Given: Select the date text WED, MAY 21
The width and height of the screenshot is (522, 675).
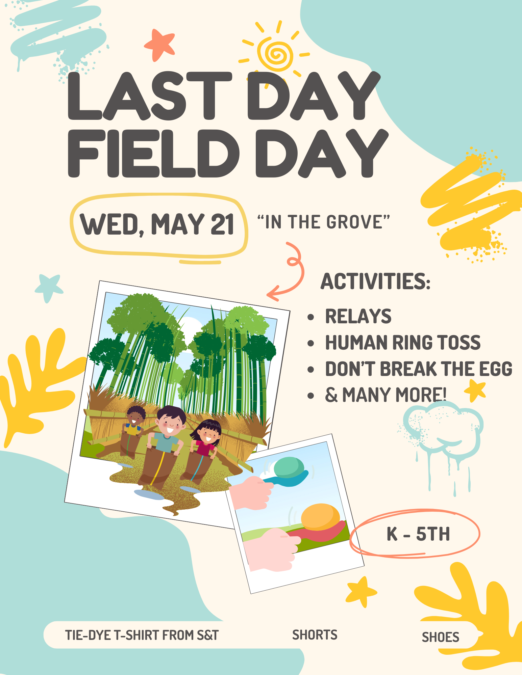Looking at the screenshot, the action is click(157, 224).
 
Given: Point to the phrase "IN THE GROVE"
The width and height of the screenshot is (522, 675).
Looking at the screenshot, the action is click(323, 222).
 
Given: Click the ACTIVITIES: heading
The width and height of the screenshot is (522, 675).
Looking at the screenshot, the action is click(375, 281).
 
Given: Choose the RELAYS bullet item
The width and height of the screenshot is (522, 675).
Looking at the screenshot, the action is click(358, 316).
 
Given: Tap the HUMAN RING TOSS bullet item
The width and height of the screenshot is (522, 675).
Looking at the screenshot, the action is click(403, 343).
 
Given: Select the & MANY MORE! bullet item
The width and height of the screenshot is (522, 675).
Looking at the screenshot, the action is click(386, 395).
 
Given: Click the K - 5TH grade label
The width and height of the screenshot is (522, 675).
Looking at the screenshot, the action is click(418, 534).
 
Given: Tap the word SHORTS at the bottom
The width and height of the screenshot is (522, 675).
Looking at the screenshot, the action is click(315, 635).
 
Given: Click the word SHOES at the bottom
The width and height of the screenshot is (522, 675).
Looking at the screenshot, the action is click(441, 637).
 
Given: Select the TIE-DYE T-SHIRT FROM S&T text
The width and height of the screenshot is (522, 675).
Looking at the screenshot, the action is click(142, 635).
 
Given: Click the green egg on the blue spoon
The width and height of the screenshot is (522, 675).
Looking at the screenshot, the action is click(289, 467).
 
